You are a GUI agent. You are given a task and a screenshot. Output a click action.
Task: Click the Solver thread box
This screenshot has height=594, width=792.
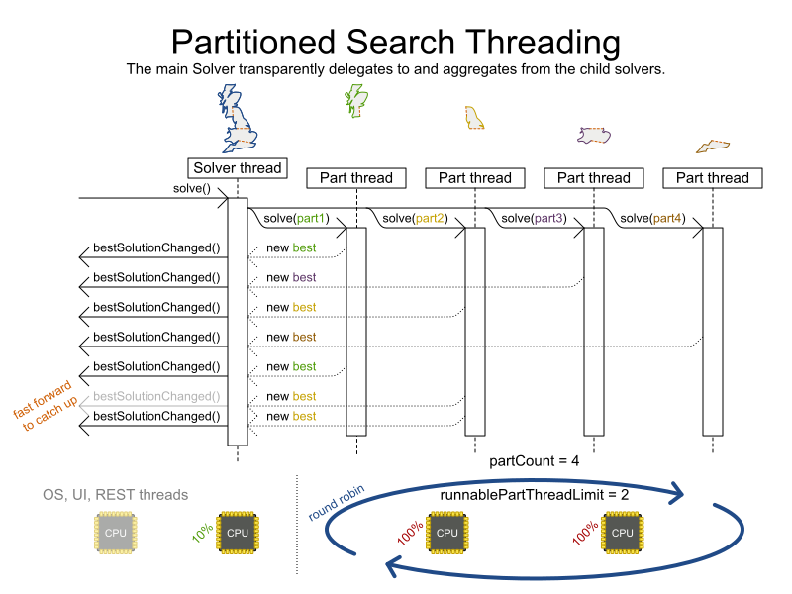click(x=237, y=168)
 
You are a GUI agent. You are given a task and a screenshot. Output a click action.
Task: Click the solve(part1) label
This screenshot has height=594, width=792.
click(x=297, y=218)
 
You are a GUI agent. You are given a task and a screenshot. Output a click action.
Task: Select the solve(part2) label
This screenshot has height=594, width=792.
click(x=416, y=218)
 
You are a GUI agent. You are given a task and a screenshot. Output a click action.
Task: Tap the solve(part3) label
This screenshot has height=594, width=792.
click(x=535, y=218)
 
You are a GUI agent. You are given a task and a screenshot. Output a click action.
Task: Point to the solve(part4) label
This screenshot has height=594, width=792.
click(x=653, y=218)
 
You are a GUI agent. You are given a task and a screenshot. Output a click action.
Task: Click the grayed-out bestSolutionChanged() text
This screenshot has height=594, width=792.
click(x=156, y=396)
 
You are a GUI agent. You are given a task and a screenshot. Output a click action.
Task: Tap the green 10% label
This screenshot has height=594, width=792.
click(x=202, y=535)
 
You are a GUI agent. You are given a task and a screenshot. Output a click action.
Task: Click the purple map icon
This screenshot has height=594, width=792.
click(x=594, y=136)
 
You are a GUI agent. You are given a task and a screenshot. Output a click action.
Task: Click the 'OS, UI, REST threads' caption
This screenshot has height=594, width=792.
click(x=115, y=494)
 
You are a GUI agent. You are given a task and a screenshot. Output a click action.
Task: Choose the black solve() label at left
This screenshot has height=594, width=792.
click(x=192, y=188)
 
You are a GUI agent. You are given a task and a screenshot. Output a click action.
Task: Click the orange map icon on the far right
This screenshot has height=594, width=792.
click(x=712, y=147)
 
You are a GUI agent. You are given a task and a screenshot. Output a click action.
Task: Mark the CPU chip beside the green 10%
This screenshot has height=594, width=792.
click(x=238, y=533)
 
